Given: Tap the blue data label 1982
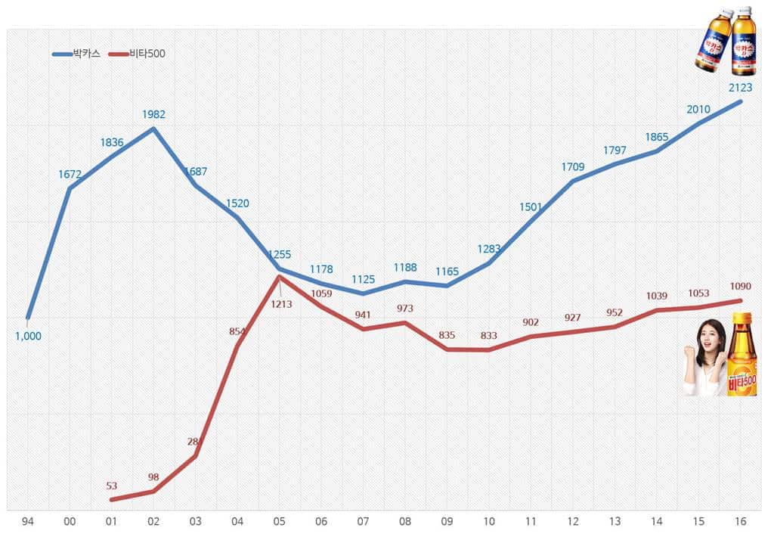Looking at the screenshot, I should coord(153,114).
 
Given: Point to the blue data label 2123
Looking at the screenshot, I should coord(740,87).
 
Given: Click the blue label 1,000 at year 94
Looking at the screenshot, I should coord(28,336).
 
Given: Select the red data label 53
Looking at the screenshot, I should coord(112,486).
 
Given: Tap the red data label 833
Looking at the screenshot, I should coord(488,336).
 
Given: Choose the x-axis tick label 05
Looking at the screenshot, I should coord(280,522).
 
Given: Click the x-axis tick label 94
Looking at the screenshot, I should coord(28,522).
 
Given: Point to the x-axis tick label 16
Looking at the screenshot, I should coord(740,522).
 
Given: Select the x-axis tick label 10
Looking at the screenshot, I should coord(489,522).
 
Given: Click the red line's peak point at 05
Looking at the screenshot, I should coord(280,276).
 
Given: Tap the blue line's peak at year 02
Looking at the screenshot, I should coord(153,128).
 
